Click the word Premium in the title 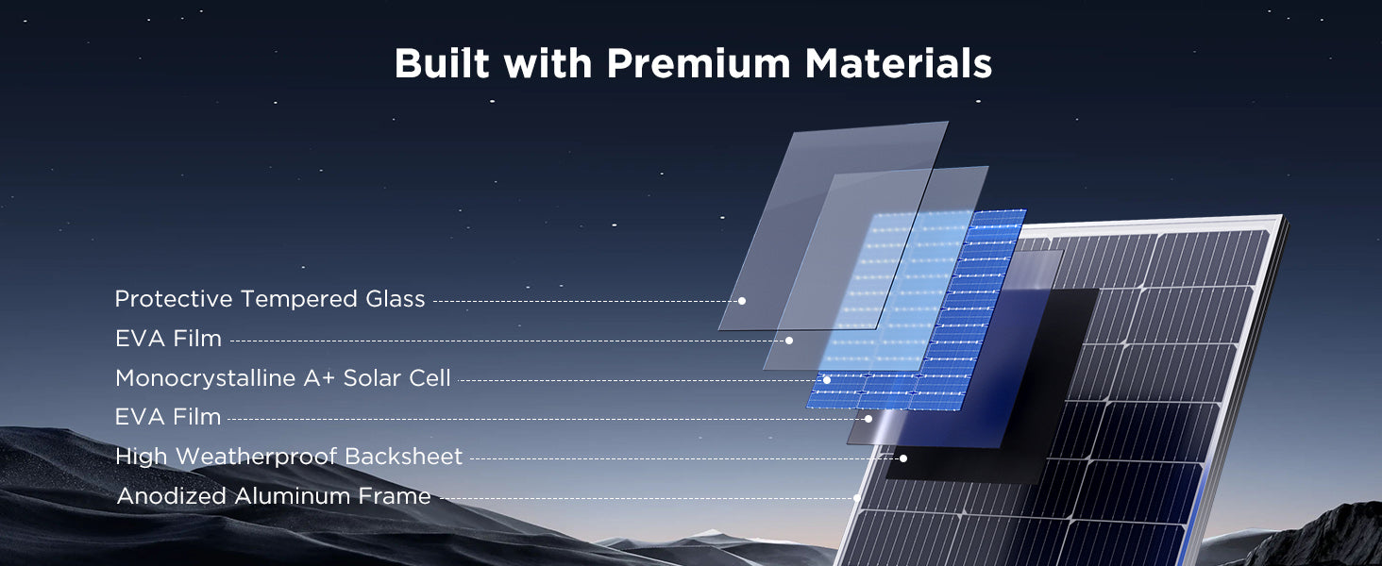tap(699, 63)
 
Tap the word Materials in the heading tap(899, 63)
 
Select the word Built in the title tap(442, 63)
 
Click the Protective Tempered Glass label tap(270, 299)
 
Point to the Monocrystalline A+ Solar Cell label tap(282, 378)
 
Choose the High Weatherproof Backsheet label tap(289, 457)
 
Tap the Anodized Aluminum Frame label tap(274, 495)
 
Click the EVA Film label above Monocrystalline tap(168, 339)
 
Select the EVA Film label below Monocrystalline tap(168, 417)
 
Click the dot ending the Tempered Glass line tap(742, 301)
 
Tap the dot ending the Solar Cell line tap(827, 380)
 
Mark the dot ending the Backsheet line tap(903, 458)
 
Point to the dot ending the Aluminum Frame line tap(857, 497)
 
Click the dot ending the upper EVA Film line tap(789, 341)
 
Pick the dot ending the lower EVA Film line tap(868, 419)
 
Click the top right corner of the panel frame tap(1282, 216)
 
